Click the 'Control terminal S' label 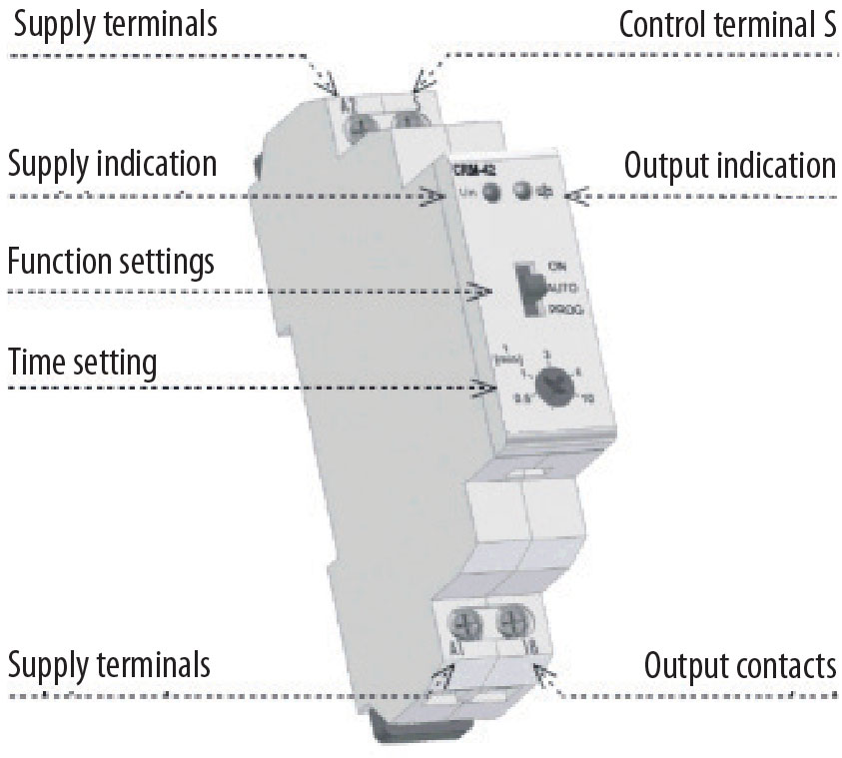[x=727, y=24]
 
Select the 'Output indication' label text [x=730, y=165]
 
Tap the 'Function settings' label [x=111, y=264]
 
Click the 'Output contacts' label [x=740, y=665]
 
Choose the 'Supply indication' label [x=112, y=163]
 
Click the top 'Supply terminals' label [x=114, y=24]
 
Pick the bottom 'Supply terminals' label [x=109, y=664]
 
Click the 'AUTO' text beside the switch [x=561, y=287]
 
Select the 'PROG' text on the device [x=563, y=310]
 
